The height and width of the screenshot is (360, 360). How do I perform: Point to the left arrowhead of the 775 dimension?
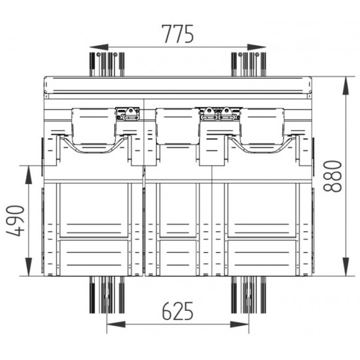click(x=93, y=47)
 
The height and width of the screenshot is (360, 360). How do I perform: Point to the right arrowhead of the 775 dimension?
click(x=263, y=47)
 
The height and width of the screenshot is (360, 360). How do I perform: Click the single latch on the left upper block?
click(x=128, y=114)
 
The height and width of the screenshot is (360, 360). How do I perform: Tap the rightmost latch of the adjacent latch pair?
click(x=227, y=114)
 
